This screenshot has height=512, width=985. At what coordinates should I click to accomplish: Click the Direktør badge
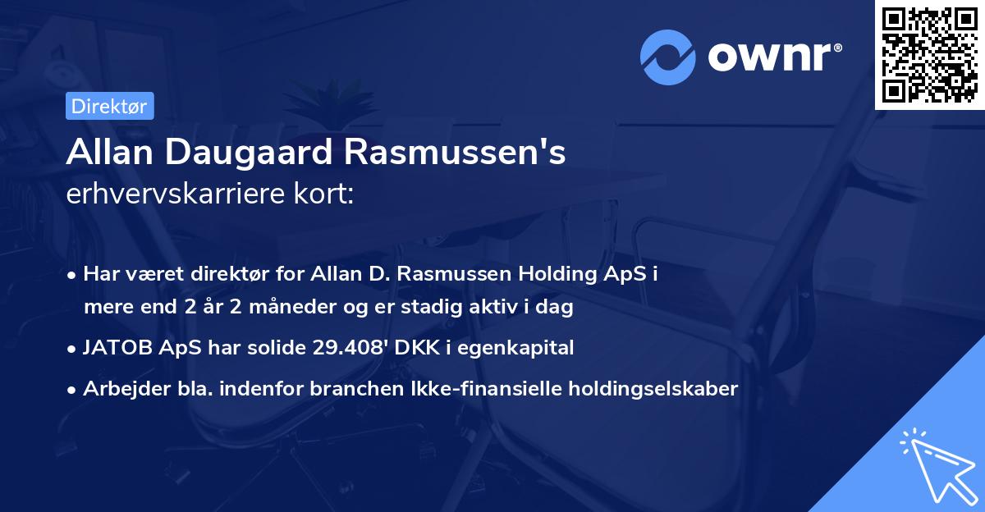(109, 106)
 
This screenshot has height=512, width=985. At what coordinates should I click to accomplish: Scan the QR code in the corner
(928, 55)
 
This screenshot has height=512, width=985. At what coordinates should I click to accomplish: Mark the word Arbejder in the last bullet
(120, 388)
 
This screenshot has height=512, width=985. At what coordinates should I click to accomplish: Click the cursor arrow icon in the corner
(935, 464)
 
